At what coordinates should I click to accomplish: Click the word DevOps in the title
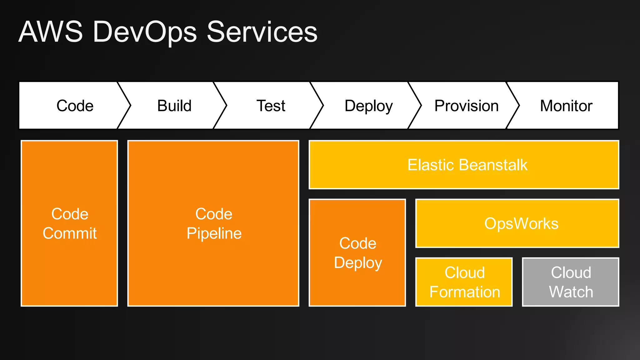pyautogui.click(x=144, y=32)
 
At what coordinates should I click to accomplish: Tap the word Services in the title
pyautogui.click(x=262, y=32)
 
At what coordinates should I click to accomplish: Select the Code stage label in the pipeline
pyautogui.click(x=75, y=106)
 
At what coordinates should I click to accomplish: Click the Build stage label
pyautogui.click(x=174, y=106)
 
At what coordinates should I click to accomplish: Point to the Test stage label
pyautogui.click(x=271, y=106)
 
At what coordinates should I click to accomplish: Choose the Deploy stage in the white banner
pyautogui.click(x=368, y=106)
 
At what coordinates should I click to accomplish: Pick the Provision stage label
pyautogui.click(x=466, y=106)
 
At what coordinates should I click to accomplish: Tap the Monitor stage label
pyautogui.click(x=566, y=106)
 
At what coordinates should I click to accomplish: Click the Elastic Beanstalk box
pyautogui.click(x=464, y=165)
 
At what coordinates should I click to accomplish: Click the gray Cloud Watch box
pyautogui.click(x=571, y=282)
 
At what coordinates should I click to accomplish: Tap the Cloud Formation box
pyautogui.click(x=464, y=282)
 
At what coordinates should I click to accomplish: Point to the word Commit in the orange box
pyautogui.click(x=70, y=233)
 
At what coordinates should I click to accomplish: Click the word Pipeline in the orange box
pyautogui.click(x=214, y=233)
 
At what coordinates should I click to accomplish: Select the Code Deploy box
pyautogui.click(x=357, y=252)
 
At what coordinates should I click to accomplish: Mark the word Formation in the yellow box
pyautogui.click(x=464, y=292)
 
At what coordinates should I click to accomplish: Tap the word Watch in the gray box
pyautogui.click(x=571, y=292)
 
